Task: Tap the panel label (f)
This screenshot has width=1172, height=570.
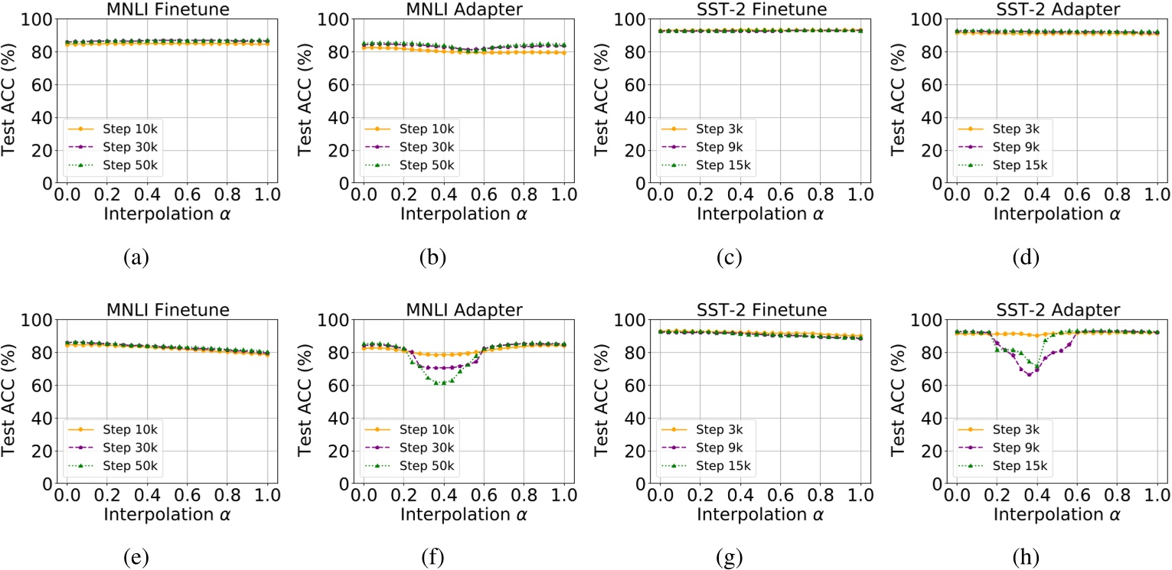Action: click(x=433, y=559)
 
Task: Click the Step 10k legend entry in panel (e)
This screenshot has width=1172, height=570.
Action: click(x=132, y=430)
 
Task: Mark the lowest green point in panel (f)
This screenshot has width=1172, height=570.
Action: click(x=439, y=383)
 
